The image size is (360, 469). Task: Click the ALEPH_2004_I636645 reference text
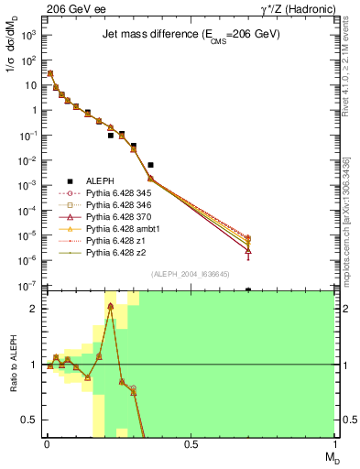[189, 274]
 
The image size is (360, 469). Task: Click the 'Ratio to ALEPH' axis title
[13, 365]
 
